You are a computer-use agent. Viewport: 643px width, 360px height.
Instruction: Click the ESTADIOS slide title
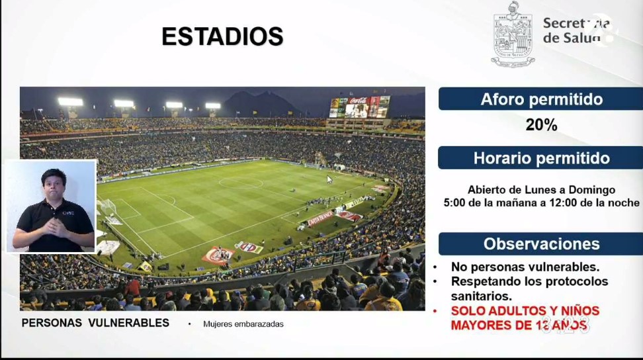[x=222, y=36]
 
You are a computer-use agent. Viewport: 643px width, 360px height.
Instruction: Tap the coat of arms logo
[x=512, y=34]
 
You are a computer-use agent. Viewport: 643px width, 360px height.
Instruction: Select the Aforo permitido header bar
[x=540, y=99]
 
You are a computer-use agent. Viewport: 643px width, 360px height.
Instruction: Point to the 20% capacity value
[x=541, y=124]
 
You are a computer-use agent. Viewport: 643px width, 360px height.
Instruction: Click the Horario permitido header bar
[x=540, y=158]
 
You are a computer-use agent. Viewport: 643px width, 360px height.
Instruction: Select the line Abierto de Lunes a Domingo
[x=541, y=190]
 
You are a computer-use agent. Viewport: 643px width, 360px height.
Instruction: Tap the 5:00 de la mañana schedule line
[x=541, y=203]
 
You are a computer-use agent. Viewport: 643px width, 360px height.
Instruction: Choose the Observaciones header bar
[x=540, y=244]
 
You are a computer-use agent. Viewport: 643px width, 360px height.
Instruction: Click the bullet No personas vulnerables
[x=525, y=267]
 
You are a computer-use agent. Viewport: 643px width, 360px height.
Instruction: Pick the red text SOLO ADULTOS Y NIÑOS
[x=525, y=310]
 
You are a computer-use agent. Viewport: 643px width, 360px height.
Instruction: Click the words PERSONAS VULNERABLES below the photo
[x=95, y=323]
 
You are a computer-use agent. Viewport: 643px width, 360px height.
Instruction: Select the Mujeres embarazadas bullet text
[x=243, y=324]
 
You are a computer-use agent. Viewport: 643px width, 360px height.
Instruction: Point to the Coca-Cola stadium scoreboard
[x=359, y=107]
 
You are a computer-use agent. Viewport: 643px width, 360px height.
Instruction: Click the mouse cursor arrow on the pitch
[x=329, y=179]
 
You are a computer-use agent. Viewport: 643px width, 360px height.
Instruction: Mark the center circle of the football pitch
[x=241, y=182]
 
